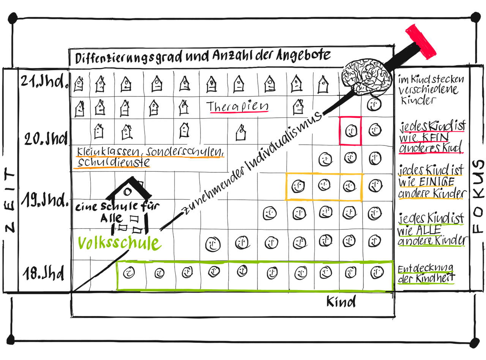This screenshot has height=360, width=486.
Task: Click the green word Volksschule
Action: pyautogui.click(x=119, y=243)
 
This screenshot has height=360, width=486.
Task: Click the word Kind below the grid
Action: pyautogui.click(x=341, y=302)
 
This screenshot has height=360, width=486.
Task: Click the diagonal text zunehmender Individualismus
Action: pyautogui.click(x=251, y=163)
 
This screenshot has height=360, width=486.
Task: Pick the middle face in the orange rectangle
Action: pyautogui.click(x=324, y=186)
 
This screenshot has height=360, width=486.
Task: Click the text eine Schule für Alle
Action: pyautogui.click(x=118, y=212)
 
